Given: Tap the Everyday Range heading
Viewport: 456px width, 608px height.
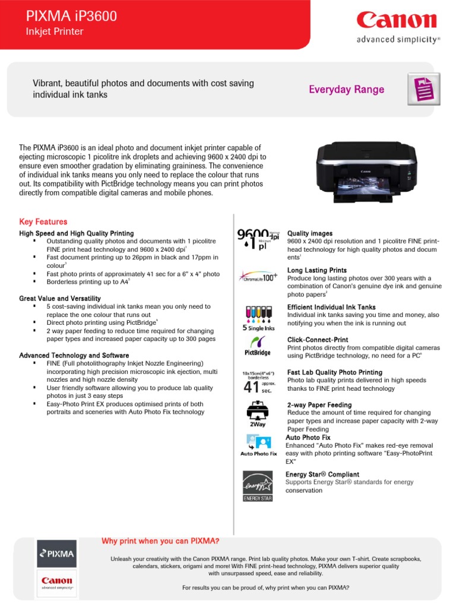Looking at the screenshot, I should click(346, 90).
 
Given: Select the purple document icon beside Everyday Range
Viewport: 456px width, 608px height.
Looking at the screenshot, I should click(423, 90).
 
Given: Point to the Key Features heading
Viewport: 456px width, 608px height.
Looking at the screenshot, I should click(43, 221).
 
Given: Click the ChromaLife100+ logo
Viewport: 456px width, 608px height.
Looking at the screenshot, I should click(258, 277).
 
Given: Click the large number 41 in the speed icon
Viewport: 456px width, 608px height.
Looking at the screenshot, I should click(252, 388).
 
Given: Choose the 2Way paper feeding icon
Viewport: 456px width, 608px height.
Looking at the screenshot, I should click(258, 413).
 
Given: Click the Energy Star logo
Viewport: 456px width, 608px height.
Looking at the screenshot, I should click(258, 486).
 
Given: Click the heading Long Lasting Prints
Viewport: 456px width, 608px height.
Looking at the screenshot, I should click(317, 270).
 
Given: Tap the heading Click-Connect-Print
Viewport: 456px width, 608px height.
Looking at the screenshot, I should click(318, 340).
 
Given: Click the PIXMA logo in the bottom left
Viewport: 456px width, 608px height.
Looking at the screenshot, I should click(56, 553).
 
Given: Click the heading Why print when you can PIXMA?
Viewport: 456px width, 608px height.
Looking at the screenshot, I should click(160, 541).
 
